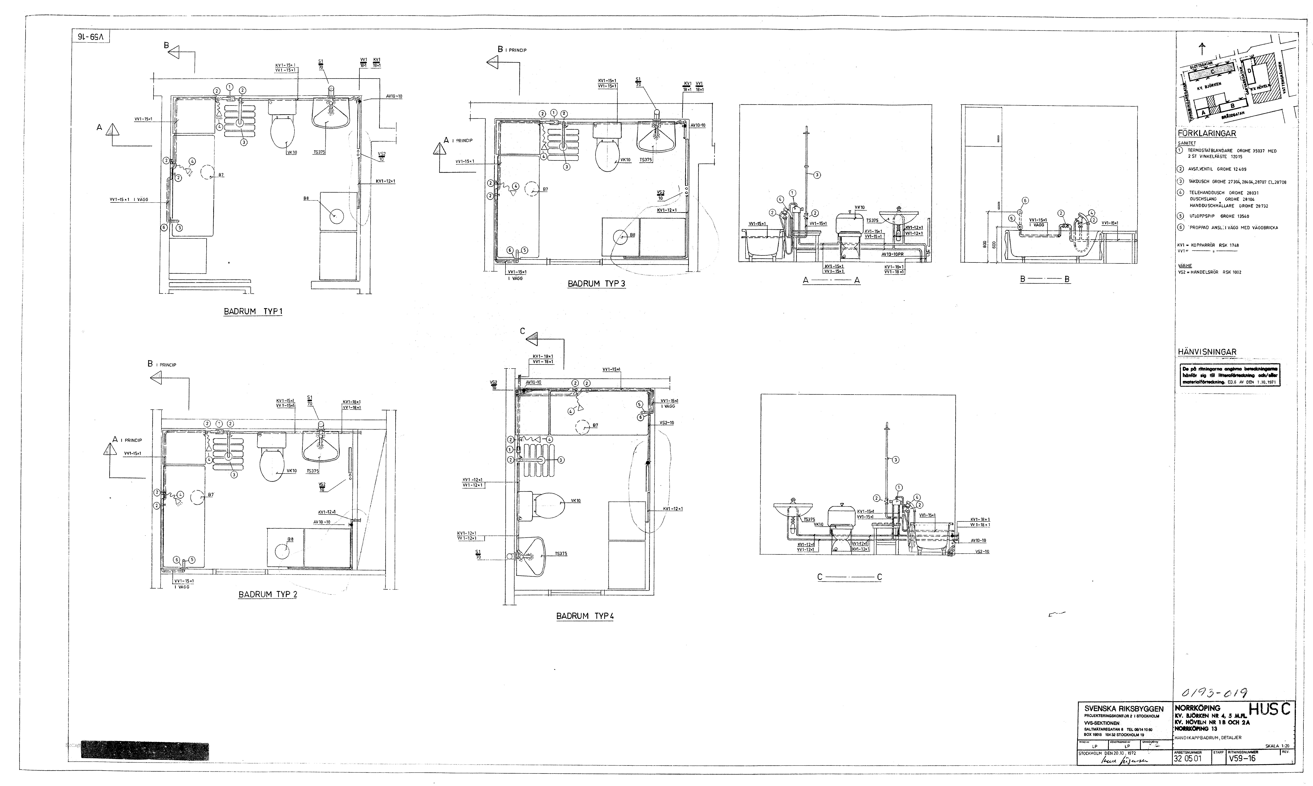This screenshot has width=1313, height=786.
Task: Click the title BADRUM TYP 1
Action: [x=253, y=311]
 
